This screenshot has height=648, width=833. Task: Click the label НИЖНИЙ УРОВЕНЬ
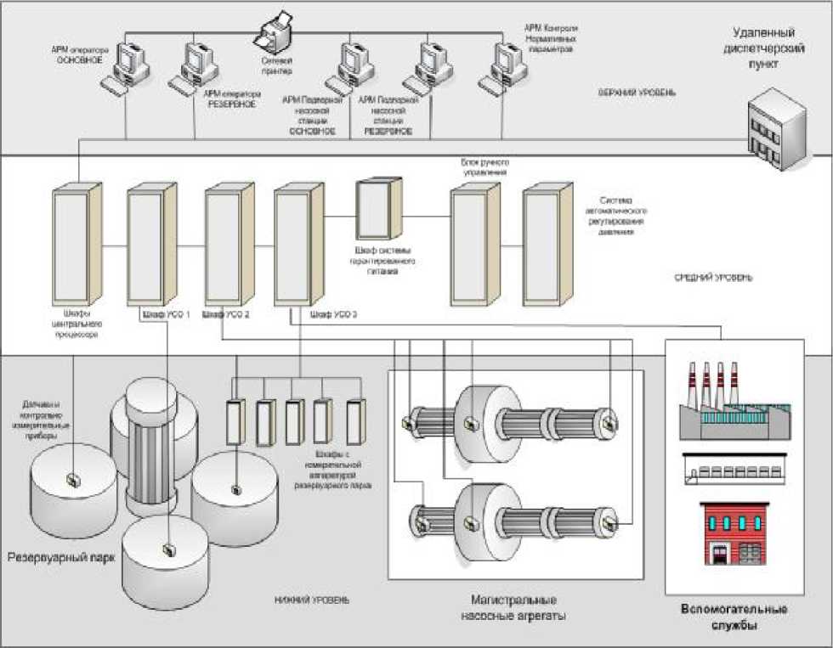click(x=311, y=600)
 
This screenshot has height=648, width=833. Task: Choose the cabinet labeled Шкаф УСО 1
click(x=152, y=246)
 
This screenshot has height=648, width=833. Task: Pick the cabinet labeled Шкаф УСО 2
click(x=229, y=246)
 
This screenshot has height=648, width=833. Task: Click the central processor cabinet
click(x=77, y=246)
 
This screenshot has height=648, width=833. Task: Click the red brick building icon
click(x=734, y=532)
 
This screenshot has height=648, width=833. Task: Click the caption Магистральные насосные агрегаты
click(x=517, y=607)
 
